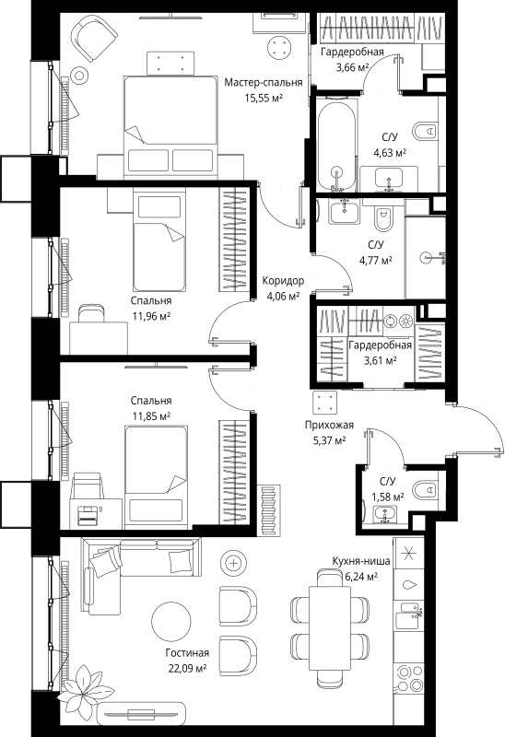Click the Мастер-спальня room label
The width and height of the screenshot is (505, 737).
tap(264, 83)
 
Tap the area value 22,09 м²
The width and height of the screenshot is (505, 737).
tap(188, 668)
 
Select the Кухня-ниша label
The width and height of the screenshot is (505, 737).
tap(360, 561)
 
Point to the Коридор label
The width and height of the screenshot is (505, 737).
tap(283, 281)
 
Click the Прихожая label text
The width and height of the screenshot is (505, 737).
tap(329, 425)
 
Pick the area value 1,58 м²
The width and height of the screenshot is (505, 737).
tap(388, 497)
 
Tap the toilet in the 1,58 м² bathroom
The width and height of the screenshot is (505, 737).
tap(425, 490)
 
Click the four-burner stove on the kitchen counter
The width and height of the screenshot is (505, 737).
tap(408, 678)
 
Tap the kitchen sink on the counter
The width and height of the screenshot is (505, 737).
tap(408, 615)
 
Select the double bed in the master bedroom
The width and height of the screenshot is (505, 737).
tap(170, 127)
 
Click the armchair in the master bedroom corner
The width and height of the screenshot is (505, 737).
tap(93, 37)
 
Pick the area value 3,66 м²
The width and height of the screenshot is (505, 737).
tap(352, 67)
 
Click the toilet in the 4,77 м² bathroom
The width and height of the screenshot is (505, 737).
tap(384, 217)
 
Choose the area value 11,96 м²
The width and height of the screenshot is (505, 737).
tap(151, 316)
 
